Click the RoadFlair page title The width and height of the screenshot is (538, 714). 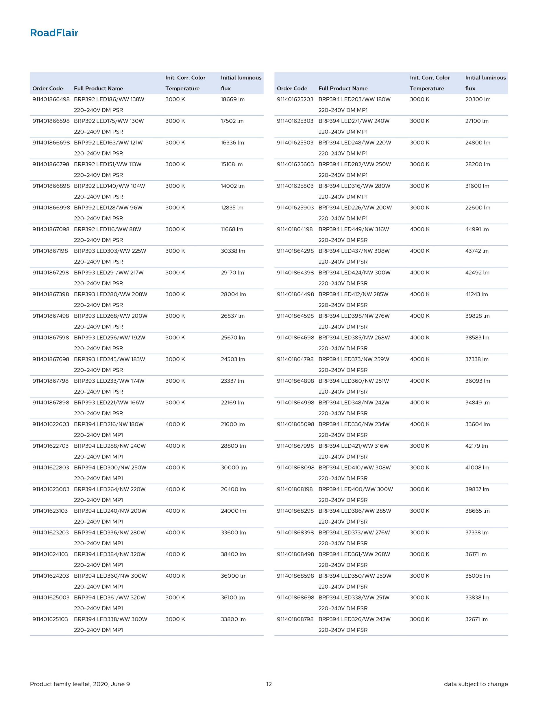54,33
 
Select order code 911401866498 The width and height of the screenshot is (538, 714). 51,99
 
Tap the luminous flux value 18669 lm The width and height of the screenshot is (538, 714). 233,99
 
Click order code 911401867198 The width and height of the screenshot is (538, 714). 50,251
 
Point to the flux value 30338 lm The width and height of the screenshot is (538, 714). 233,251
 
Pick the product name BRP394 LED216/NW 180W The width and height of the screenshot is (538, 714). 109,424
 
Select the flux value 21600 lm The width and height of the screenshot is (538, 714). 233,424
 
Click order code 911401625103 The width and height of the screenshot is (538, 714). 50,619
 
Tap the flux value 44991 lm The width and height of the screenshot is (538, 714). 477,229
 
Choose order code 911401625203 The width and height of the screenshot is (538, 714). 295,99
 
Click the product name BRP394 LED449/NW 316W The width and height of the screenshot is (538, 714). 354,229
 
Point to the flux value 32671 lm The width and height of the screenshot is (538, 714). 476,619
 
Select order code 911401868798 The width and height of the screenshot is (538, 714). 295,619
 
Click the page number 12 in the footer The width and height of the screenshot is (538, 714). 269,684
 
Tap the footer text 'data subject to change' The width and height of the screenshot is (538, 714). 476,684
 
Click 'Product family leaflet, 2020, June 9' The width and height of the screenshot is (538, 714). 80,684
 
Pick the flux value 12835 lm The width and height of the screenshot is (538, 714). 232,208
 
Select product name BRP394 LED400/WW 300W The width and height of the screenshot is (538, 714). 355,489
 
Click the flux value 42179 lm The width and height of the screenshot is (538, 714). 477,446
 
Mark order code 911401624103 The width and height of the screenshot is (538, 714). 50,554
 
